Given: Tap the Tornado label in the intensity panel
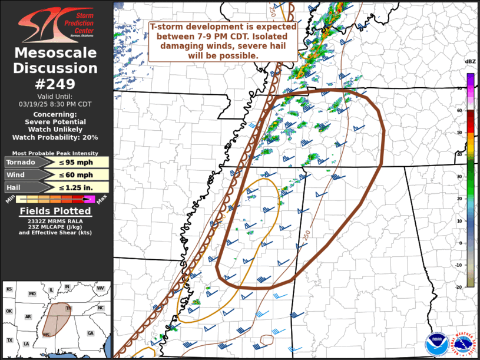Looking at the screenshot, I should tap(21, 162).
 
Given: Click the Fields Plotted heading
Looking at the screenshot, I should tap(55, 211).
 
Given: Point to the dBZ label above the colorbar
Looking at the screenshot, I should tap(470, 62).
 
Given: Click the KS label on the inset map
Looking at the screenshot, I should tap(9, 289).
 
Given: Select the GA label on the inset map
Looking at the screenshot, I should tap(90, 333).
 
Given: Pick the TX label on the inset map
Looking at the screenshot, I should tap(9, 341).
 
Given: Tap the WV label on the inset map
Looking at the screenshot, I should tap(101, 288).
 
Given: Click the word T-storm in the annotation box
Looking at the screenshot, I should tap(167, 27).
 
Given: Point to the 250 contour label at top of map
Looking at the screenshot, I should tap(273, 11).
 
